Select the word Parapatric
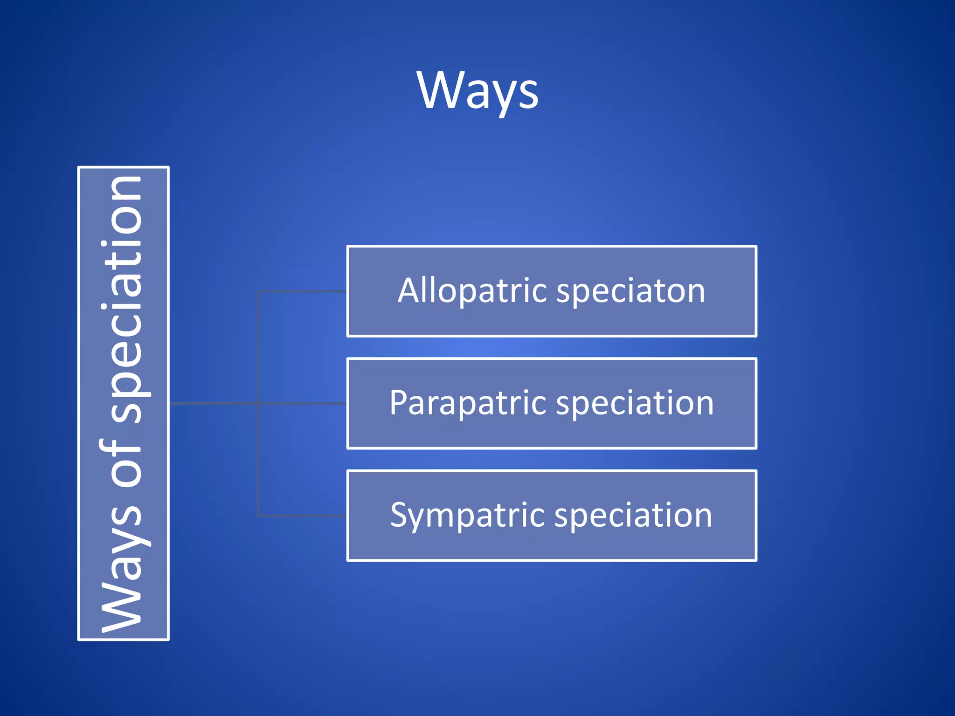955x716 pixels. (x=468, y=403)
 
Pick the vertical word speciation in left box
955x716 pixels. (x=122, y=298)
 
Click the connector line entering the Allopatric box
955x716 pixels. (x=303, y=291)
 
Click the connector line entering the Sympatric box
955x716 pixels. (x=303, y=516)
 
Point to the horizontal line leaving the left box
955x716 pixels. (x=212, y=403)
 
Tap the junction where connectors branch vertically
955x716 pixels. (x=258, y=403)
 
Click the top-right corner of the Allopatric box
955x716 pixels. (x=755, y=247)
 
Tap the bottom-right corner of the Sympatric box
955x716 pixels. (x=755, y=560)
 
